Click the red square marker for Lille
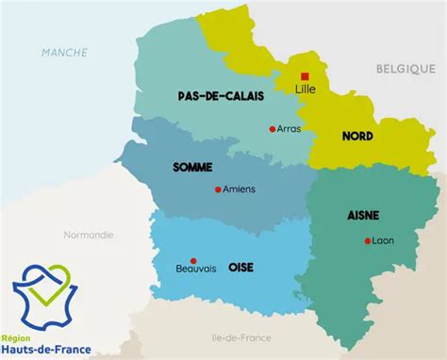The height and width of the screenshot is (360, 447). pos(304,76)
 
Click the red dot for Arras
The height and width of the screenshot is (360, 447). pos(273,129)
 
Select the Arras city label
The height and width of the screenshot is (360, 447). pos(290,129)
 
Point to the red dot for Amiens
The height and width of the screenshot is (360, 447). pos(218,188)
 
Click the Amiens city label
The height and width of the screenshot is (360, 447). pos(240,188)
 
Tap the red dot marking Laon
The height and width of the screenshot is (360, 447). pos(367,240)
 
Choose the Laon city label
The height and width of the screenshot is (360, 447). pos(384,240)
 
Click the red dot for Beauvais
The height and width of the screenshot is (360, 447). pos(193,260)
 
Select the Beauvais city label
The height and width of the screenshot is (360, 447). pos(196,269)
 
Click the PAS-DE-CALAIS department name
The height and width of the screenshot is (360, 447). pos(221,96)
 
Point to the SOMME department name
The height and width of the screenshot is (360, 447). pos(192,167)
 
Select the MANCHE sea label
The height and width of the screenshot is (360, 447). pos(64,53)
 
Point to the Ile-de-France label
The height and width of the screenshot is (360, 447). pos(241,337)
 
